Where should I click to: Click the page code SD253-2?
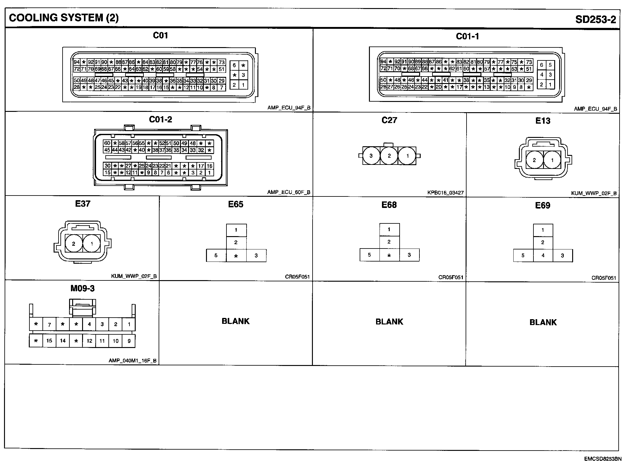[x=595, y=19]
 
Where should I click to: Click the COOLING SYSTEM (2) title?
[x=64, y=18]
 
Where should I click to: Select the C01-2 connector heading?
[x=160, y=119]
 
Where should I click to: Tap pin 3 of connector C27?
[x=371, y=156]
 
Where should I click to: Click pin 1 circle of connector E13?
[x=552, y=160]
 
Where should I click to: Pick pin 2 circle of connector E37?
[x=74, y=244]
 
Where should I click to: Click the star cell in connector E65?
[x=236, y=256]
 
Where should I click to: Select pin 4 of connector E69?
[x=543, y=256]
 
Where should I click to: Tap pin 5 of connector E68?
[x=369, y=255]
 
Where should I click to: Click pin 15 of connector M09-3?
[x=49, y=341]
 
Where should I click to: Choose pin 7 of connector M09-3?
[x=49, y=325]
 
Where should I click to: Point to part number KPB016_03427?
[x=445, y=193]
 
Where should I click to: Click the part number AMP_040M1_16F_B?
[x=133, y=361]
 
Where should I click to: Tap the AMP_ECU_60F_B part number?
[x=289, y=192]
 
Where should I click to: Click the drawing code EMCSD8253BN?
[x=603, y=459]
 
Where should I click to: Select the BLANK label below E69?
[x=543, y=322]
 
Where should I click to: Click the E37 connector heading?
[x=83, y=204]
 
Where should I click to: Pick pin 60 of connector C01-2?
[x=107, y=143]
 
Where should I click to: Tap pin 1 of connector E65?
[x=236, y=230]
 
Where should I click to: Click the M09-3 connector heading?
[x=82, y=288]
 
